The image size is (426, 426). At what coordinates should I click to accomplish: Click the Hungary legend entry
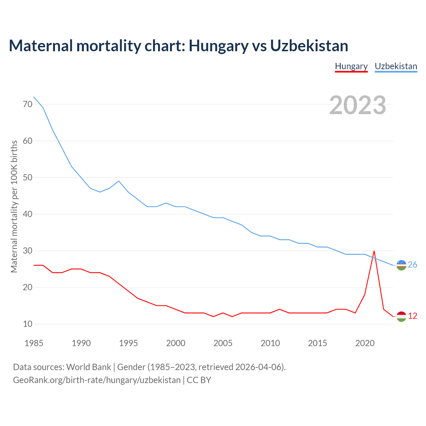point(351,66)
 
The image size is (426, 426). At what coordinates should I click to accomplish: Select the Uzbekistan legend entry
point(396,66)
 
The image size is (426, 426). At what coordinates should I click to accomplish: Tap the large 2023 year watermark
point(357,105)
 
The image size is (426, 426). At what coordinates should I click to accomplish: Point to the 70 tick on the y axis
point(28,104)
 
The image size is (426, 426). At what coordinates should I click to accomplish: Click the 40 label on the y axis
point(28,214)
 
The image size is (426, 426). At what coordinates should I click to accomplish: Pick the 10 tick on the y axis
point(28,324)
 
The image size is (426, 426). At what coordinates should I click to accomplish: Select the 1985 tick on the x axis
point(34,343)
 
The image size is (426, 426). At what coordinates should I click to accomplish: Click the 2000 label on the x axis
point(176,343)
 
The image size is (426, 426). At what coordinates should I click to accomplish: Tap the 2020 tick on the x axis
point(365,343)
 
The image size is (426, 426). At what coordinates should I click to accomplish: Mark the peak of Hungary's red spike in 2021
point(374,251)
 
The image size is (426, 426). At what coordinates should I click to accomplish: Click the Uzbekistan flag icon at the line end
point(401,265)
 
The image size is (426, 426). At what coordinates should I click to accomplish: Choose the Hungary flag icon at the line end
point(401,316)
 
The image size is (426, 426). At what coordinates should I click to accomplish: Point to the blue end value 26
point(412,265)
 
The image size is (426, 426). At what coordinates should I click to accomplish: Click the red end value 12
point(412,316)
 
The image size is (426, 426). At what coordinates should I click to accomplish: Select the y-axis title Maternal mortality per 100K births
point(14,206)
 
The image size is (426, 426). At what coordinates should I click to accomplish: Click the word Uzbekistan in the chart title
point(309,46)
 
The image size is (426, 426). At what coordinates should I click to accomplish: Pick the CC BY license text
point(199,380)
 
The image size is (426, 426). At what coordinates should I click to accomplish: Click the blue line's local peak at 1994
point(119,181)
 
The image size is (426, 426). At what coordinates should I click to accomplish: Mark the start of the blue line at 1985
point(34,97)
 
